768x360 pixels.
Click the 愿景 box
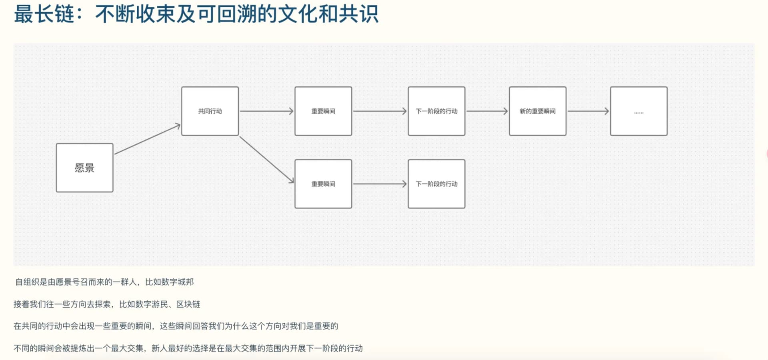coord(84,168)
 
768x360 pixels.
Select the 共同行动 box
coord(210,111)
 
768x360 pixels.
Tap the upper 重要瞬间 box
coord(323,111)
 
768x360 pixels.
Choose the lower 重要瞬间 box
coord(323,184)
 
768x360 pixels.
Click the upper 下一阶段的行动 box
coord(436,111)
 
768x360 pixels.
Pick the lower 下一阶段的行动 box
coord(436,184)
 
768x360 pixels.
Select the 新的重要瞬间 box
coord(538,111)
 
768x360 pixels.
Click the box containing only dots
coord(639,111)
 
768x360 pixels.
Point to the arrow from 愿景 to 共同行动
coord(148,139)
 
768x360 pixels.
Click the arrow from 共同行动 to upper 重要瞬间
coord(267,111)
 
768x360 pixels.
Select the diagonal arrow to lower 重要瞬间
coord(267,160)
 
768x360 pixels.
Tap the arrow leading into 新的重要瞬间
coord(487,111)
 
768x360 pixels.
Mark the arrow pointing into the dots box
coord(588,111)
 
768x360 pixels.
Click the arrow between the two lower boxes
coord(380,184)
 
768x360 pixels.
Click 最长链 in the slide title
coord(44,14)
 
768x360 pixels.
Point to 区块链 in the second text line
coord(188,304)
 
